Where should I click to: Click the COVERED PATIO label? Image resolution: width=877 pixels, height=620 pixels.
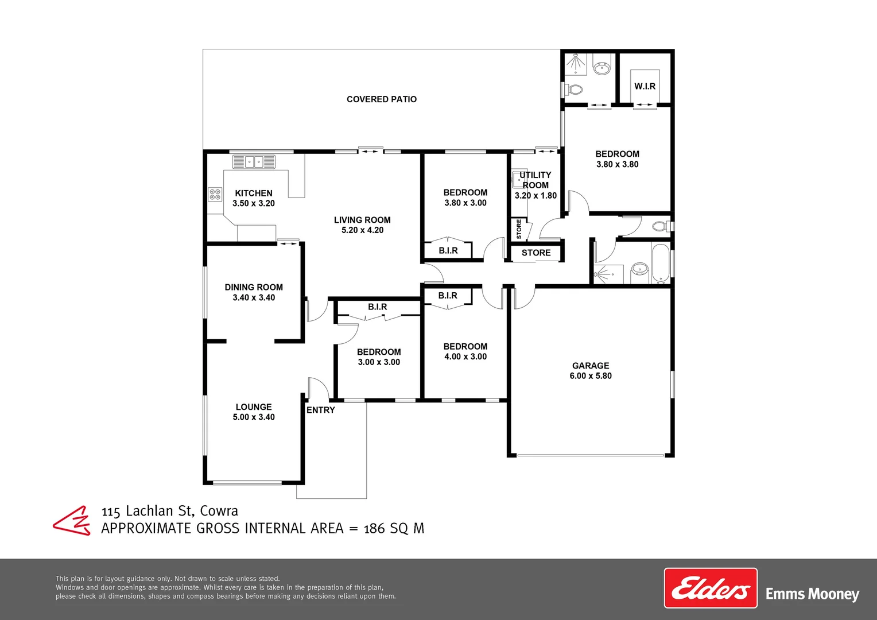pyautogui.click(x=382, y=99)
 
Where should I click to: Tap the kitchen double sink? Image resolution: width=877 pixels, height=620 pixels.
pyautogui.click(x=254, y=162)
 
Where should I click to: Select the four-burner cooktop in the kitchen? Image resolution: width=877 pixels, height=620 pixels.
pyautogui.click(x=215, y=195)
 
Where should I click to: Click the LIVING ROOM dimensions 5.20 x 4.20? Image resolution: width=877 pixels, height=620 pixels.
pyautogui.click(x=362, y=230)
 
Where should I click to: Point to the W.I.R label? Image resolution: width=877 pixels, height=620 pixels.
pyautogui.click(x=645, y=86)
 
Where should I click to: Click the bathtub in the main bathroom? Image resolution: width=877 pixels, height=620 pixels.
pyautogui.click(x=661, y=263)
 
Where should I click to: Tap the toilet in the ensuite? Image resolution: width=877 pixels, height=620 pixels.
pyautogui.click(x=574, y=90)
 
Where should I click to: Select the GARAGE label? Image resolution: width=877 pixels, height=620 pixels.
pyautogui.click(x=591, y=366)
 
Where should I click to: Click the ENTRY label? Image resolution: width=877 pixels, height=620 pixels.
pyautogui.click(x=320, y=410)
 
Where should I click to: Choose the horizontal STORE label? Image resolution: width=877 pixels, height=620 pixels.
pyautogui.click(x=536, y=253)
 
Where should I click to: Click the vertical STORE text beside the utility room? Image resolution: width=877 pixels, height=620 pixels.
pyautogui.click(x=519, y=229)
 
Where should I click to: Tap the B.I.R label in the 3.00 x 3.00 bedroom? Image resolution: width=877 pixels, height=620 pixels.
pyautogui.click(x=377, y=307)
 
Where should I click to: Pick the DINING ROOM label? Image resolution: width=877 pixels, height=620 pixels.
pyautogui.click(x=254, y=287)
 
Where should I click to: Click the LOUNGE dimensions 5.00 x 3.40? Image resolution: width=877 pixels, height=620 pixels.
pyautogui.click(x=254, y=417)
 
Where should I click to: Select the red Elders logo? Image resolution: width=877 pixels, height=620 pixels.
pyautogui.click(x=711, y=588)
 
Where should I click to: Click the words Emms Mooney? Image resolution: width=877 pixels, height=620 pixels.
pyautogui.click(x=812, y=594)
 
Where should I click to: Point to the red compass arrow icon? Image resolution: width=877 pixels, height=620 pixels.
pyautogui.click(x=72, y=521)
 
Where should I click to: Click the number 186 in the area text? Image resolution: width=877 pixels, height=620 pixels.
pyautogui.click(x=374, y=529)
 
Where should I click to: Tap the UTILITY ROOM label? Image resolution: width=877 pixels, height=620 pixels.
pyautogui.click(x=535, y=180)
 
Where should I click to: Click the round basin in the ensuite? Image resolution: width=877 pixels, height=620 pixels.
pyautogui.click(x=602, y=69)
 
